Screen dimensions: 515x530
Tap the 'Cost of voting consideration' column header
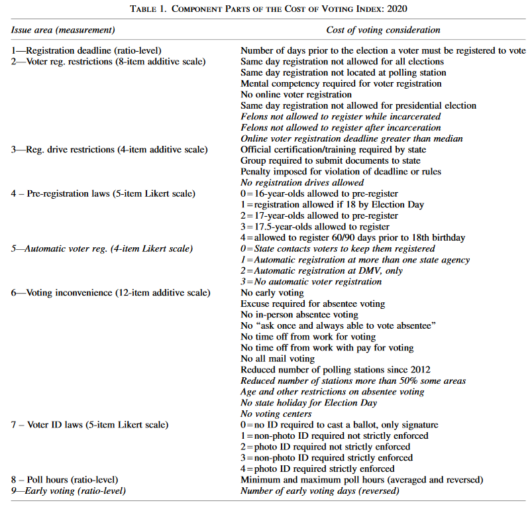tap(383, 30)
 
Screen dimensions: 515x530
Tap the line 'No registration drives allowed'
tap(302, 182)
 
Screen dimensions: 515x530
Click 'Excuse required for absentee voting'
tap(313, 304)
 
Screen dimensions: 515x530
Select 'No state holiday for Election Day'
tap(309, 402)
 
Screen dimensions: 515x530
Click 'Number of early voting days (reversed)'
tap(320, 490)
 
